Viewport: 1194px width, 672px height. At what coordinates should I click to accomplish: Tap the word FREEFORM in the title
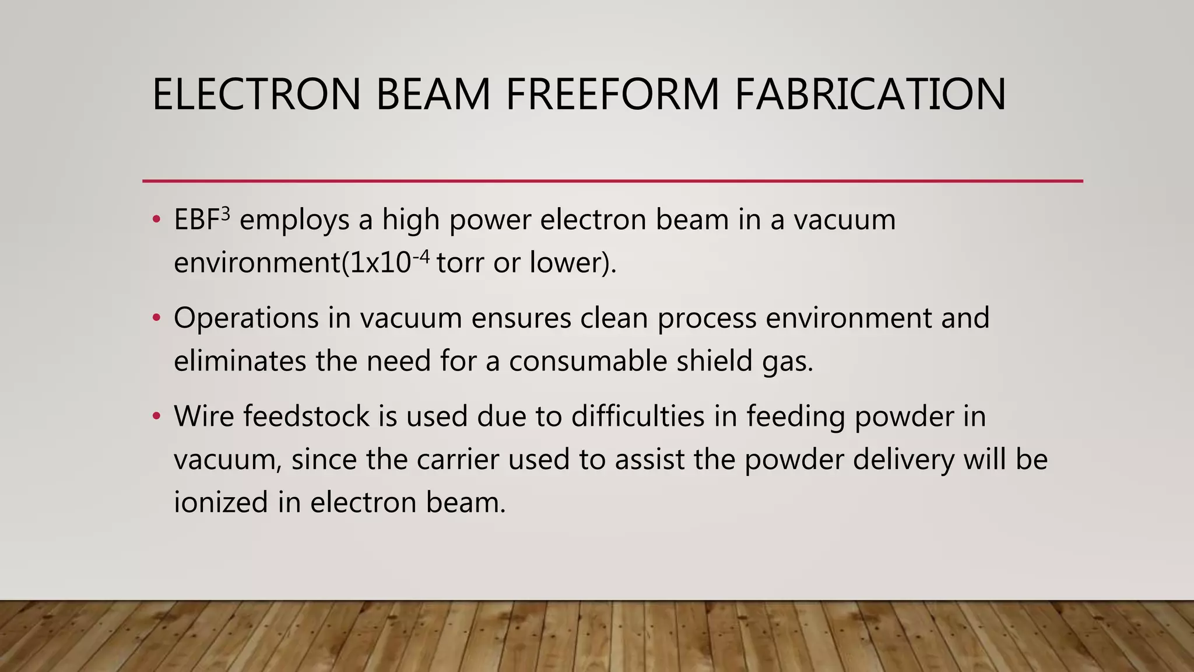click(612, 94)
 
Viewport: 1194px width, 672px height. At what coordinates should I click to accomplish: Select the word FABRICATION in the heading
click(870, 94)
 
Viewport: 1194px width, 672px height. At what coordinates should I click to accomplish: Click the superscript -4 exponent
click(420, 256)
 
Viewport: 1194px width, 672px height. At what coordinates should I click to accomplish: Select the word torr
click(460, 262)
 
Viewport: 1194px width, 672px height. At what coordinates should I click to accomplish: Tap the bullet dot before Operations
click(156, 318)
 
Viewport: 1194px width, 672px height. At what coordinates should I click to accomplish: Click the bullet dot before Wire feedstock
click(156, 416)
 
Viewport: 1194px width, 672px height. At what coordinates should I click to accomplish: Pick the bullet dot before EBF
click(156, 220)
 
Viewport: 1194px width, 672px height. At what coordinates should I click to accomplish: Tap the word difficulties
click(638, 416)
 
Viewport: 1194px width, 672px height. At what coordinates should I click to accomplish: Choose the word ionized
click(221, 502)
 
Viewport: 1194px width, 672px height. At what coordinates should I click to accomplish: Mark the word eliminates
click(240, 361)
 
